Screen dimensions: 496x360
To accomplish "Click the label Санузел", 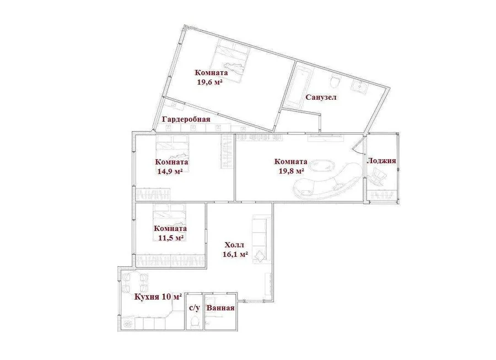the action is [321, 97].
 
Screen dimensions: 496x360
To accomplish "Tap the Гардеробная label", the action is [186, 119].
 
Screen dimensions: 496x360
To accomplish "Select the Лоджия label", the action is [381, 160].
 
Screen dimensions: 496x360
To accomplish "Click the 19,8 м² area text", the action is [292, 171].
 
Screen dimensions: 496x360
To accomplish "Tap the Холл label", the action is [234, 245].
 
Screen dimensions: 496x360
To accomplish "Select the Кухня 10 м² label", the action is [158, 297].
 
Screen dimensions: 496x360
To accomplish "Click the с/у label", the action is [194, 308].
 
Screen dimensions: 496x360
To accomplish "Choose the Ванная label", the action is [220, 308].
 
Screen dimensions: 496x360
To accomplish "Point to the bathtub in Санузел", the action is [299, 85].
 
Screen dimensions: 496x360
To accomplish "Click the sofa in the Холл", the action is [261, 239].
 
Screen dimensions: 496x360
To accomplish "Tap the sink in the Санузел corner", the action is [360, 85].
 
